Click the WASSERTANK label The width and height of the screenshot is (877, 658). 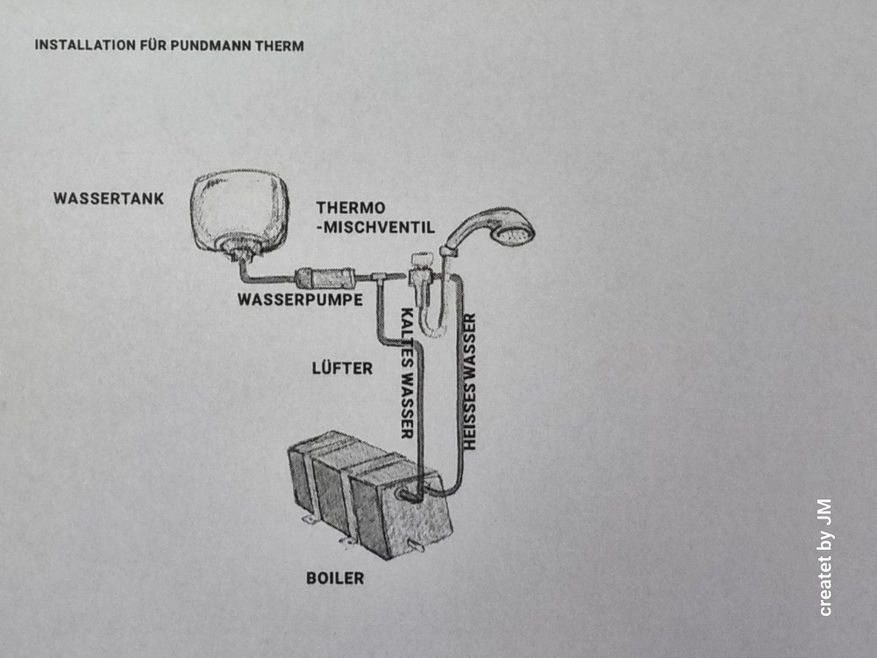[109, 198]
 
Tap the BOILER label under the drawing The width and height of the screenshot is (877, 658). [335, 578]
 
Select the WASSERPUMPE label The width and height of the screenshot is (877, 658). [300, 300]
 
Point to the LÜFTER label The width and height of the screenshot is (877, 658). [342, 368]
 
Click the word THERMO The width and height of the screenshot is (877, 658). [351, 208]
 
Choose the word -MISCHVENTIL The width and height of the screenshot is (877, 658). [376, 228]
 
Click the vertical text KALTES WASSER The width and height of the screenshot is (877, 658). [408, 373]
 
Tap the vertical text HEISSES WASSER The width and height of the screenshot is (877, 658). [469, 382]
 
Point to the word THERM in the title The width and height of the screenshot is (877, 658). [280, 46]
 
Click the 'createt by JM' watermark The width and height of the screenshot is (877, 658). [824, 557]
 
